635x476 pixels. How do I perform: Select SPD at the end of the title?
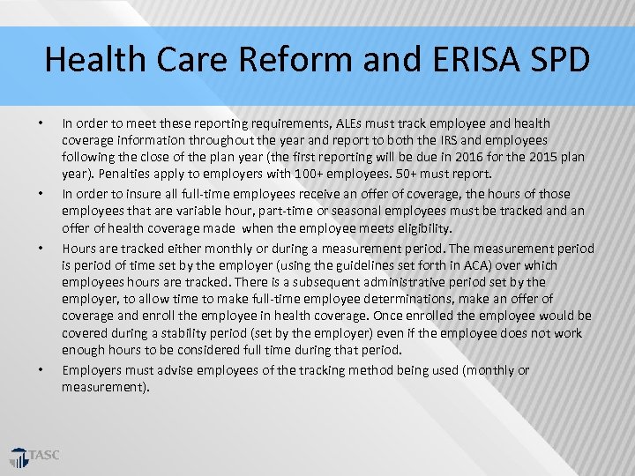click(559, 60)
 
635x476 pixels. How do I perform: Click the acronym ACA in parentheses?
click(451, 264)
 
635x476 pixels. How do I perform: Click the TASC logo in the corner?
click(35, 457)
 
